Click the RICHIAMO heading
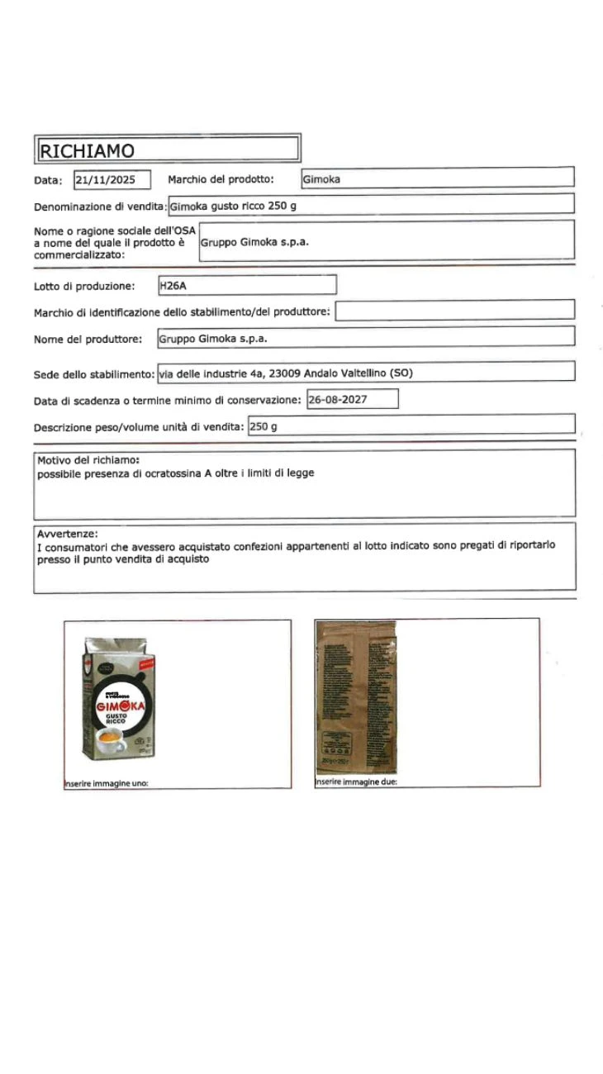pyautogui.click(x=88, y=150)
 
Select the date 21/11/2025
pyautogui.click(x=112, y=180)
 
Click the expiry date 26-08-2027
pyautogui.click(x=338, y=400)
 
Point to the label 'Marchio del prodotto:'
pyautogui.click(x=221, y=179)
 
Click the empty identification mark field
pyautogui.click(x=454, y=311)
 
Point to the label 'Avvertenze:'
pyautogui.click(x=68, y=533)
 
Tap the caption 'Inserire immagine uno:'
pyautogui.click(x=106, y=783)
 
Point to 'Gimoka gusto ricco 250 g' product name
pyautogui.click(x=232, y=206)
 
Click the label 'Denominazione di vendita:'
pyautogui.click(x=100, y=207)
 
